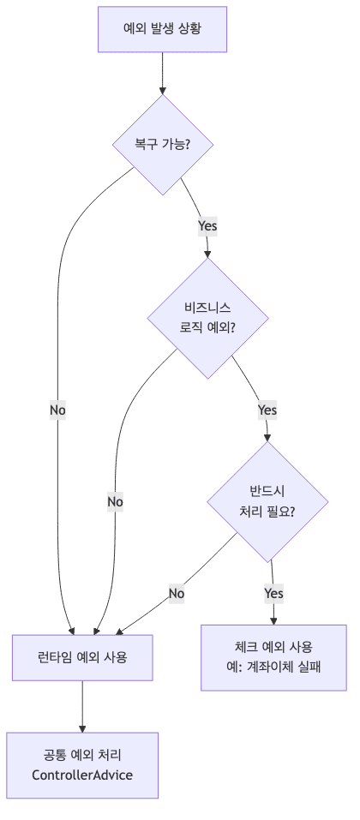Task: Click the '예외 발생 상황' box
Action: (162, 30)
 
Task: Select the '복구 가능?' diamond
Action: (162, 144)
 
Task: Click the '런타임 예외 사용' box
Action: (82, 657)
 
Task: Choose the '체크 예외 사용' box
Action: (273, 656)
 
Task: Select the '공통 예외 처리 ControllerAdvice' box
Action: (82, 765)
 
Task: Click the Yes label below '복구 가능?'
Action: (207, 226)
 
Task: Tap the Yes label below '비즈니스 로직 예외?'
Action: (267, 410)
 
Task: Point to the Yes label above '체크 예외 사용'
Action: (273, 593)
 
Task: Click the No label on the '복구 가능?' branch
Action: (57, 410)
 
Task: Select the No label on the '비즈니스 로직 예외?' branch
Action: (115, 501)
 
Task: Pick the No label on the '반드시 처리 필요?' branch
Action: (177, 593)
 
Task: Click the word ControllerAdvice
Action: (82, 775)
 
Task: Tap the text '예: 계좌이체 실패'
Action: (273, 667)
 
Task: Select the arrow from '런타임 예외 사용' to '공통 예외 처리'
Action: (82, 706)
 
